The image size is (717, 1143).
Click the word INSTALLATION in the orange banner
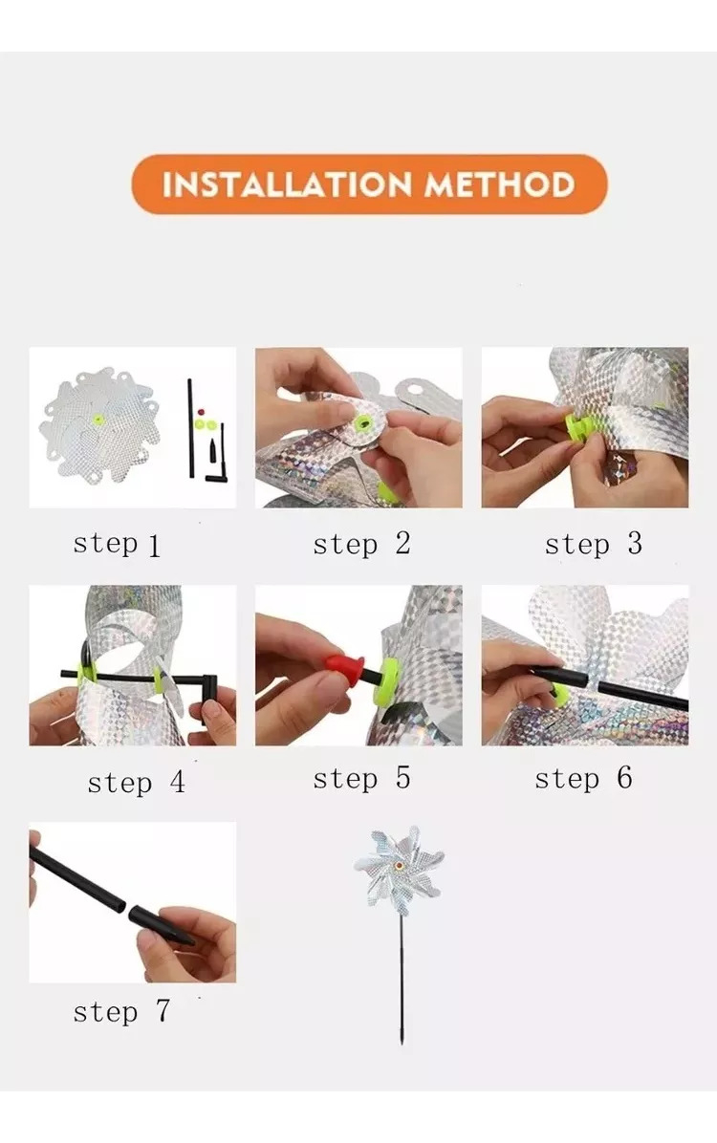[x=287, y=183]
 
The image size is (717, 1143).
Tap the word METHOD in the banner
[x=500, y=183]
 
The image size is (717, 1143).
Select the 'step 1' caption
[x=116, y=545]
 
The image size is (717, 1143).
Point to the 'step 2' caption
[x=361, y=544]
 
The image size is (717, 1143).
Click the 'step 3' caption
[x=593, y=544]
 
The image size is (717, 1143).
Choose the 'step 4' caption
[x=136, y=783]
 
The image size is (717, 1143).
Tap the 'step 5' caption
[x=361, y=779]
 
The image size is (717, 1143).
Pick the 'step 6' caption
[x=583, y=779]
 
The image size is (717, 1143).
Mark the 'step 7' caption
[x=121, y=1012]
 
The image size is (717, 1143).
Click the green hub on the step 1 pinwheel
[x=98, y=421]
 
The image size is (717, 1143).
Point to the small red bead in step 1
[x=202, y=412]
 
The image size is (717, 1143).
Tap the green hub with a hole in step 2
[x=362, y=423]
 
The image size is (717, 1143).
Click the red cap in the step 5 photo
[x=345, y=668]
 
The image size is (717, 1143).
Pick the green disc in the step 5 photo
[x=386, y=681]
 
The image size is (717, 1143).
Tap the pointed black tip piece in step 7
[x=161, y=926]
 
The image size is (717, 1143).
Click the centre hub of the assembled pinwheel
[x=399, y=865]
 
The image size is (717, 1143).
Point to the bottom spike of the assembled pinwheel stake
[x=402, y=1034]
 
